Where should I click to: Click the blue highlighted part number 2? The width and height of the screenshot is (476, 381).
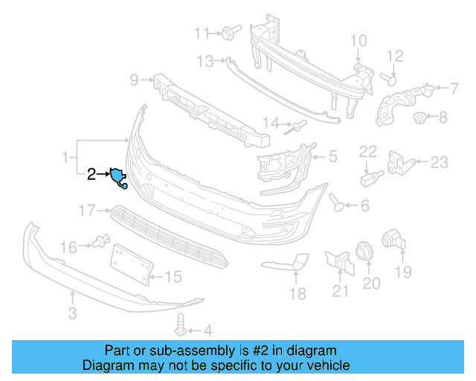[x=118, y=177]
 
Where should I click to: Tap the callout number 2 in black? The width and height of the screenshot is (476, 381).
[x=91, y=175]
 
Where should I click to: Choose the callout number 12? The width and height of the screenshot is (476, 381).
[x=394, y=56]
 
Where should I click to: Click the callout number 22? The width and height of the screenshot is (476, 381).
[x=369, y=152]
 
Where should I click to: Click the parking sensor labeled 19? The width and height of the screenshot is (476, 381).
[x=392, y=240]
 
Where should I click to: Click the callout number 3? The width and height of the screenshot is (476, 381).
[x=72, y=313]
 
